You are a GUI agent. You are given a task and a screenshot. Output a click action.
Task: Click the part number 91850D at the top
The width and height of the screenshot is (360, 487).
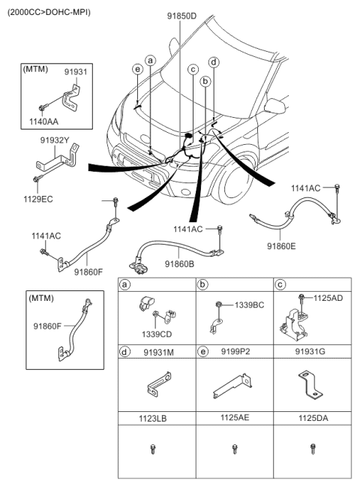pos(181,16)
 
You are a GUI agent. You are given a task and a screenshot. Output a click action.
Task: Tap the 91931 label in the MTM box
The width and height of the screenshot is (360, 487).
pos(76,72)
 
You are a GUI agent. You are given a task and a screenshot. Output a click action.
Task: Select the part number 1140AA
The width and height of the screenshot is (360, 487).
pos(43,122)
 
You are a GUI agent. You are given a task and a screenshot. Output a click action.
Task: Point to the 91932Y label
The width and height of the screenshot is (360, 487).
pos(55,140)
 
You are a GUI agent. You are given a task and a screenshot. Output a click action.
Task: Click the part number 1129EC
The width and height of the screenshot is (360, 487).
pos(38,199)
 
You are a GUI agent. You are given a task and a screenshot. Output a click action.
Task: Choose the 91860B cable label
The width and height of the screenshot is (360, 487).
pos(179,264)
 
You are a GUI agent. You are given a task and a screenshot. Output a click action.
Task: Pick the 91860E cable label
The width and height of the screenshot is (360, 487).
pos(281,246)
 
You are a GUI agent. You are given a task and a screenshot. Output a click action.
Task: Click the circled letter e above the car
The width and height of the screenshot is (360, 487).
pos(138,69)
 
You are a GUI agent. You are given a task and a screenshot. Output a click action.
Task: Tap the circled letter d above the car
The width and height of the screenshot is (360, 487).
pos(214,62)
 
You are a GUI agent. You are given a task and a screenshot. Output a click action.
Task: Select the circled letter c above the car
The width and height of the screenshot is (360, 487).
pos(193,69)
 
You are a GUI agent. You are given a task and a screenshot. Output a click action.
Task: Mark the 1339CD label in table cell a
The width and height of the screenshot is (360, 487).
pos(157,334)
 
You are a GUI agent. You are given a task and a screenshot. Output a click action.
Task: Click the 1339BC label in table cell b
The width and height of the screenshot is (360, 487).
pos(249,305)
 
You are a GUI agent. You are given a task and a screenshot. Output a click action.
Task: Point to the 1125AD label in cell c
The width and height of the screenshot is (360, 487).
pos(328,298)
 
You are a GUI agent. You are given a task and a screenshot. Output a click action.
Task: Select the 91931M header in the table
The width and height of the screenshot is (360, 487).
pos(158,353)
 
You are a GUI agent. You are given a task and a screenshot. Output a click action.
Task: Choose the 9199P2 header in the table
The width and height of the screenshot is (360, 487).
pos(235,352)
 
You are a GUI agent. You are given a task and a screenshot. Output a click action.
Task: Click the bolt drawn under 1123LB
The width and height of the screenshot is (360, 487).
pos(153,449)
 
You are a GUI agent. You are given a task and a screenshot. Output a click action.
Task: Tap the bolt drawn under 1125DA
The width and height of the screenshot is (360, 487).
pos(313,448)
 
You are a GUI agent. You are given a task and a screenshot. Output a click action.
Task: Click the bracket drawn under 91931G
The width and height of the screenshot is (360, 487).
pos(310,384)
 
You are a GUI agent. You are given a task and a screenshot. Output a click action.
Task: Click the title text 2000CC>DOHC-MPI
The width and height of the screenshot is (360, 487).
pos(49,13)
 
